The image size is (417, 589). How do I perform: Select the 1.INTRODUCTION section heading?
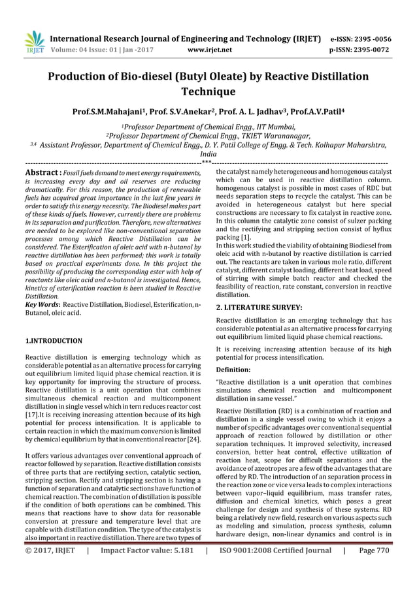tap(54, 341)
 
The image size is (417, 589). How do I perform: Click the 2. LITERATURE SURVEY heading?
tap(259, 306)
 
